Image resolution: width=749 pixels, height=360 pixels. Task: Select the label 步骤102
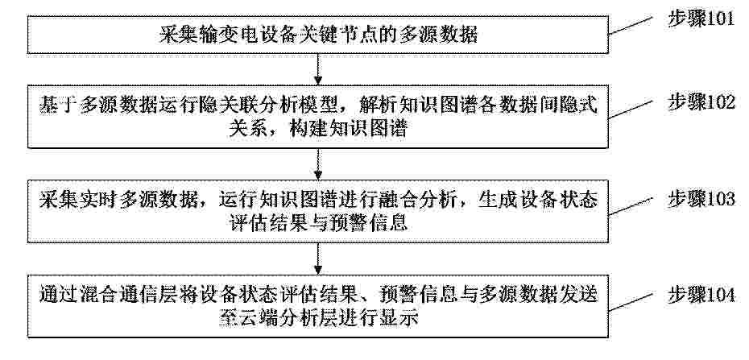pos(701,103)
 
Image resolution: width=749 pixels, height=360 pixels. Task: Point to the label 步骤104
pos(701,295)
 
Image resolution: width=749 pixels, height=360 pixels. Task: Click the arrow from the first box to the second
pos(318,69)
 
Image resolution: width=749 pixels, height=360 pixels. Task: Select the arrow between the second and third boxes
pos(318,163)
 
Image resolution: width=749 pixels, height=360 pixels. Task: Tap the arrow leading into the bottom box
pos(318,259)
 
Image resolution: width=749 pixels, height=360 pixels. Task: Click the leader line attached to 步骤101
pos(631,26)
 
